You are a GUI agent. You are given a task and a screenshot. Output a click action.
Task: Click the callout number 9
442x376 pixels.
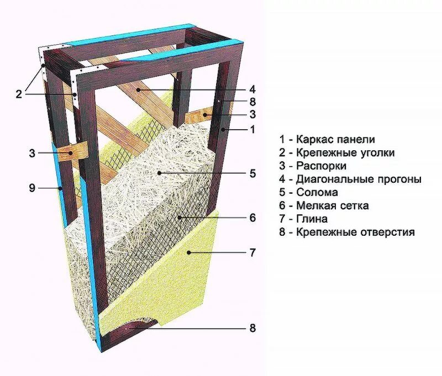pyautogui.click(x=32, y=188)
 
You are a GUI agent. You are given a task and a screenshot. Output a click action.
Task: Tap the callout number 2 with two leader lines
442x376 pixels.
pyautogui.click(x=18, y=94)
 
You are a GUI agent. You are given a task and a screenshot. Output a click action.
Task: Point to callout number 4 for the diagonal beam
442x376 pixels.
pyautogui.click(x=252, y=89)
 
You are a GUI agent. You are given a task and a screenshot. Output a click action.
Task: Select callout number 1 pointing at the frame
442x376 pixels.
pyautogui.click(x=252, y=130)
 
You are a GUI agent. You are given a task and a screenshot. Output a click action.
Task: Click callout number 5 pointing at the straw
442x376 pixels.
pyautogui.click(x=252, y=173)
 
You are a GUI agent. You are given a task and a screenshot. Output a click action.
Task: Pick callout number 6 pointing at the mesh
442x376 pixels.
pyautogui.click(x=252, y=218)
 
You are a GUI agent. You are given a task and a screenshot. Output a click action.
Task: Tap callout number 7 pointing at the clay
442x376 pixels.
pyautogui.click(x=252, y=253)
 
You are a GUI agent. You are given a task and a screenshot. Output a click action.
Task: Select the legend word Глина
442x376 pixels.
pyautogui.click(x=312, y=219)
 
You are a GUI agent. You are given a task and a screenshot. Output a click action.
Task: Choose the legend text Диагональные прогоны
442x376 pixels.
pyautogui.click(x=359, y=179)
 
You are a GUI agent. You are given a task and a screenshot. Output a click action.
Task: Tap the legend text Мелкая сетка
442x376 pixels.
pyautogui.click(x=332, y=206)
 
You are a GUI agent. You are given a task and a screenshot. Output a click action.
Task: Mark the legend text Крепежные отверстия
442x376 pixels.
pyautogui.click(x=355, y=232)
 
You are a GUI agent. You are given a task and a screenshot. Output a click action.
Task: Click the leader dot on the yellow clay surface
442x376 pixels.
pyautogui.click(x=188, y=253)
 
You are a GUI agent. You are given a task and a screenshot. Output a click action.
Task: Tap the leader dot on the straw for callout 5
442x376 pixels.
pyautogui.click(x=159, y=173)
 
